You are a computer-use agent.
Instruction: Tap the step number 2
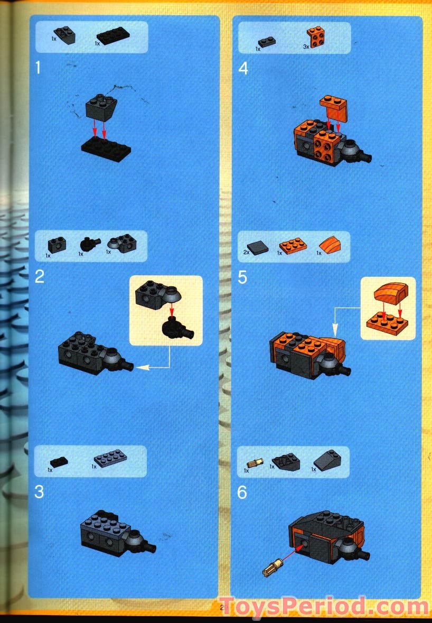click(39, 276)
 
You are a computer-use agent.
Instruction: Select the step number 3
click(39, 492)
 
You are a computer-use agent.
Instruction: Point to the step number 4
click(243, 68)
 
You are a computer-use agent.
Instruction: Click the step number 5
click(242, 277)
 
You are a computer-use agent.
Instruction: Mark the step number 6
click(242, 493)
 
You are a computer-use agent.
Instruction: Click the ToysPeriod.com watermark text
click(324, 606)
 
